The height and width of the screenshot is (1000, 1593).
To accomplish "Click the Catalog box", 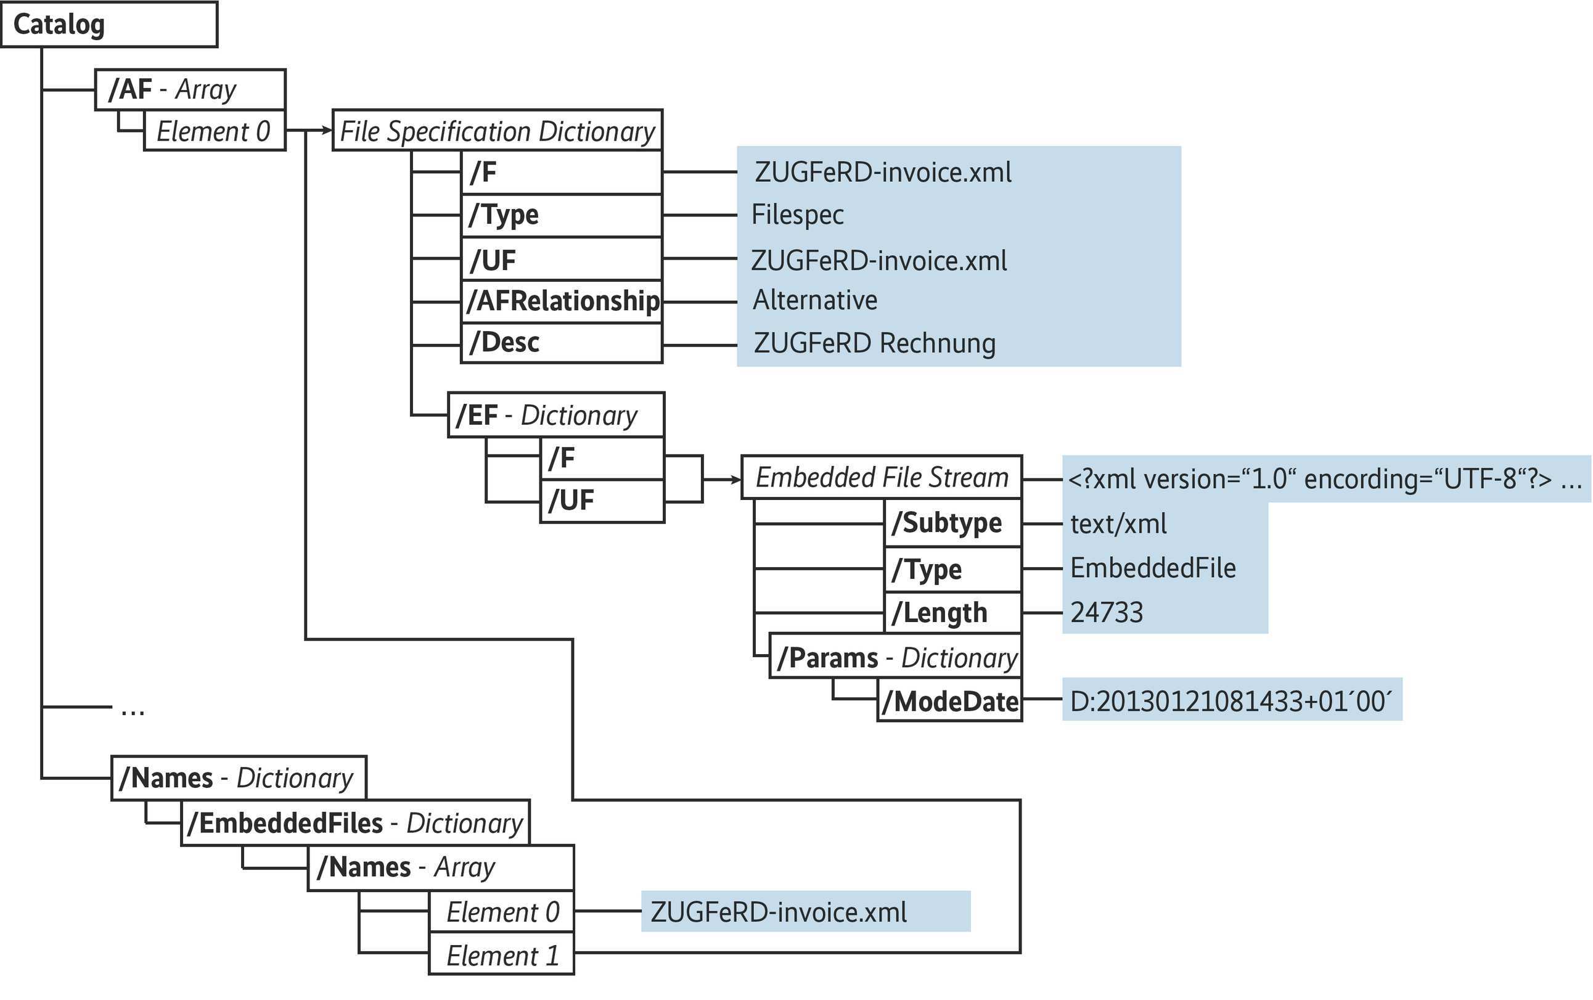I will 109,25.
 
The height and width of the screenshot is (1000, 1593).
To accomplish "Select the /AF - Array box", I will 190,89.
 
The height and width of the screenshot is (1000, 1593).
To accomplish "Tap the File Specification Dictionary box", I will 497,131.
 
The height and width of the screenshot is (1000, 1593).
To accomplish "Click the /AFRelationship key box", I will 562,301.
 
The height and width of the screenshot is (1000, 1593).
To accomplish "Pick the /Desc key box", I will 562,343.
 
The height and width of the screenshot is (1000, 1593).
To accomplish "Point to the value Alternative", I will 814,301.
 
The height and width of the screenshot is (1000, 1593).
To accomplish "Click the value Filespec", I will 798,215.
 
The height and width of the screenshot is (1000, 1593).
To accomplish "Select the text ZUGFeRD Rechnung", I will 874,344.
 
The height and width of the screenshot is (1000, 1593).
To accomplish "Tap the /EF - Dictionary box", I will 555,416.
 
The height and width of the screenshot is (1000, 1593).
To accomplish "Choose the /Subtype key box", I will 953,524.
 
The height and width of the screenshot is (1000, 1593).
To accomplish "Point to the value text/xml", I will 1118,525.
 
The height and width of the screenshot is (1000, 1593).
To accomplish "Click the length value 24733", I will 1107,612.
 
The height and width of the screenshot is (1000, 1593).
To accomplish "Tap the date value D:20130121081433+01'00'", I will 1231,701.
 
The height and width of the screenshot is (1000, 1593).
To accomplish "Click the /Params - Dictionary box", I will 895,658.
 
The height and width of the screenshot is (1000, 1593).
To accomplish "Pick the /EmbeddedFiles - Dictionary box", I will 355,824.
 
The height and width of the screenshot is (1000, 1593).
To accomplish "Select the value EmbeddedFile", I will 1153,568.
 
